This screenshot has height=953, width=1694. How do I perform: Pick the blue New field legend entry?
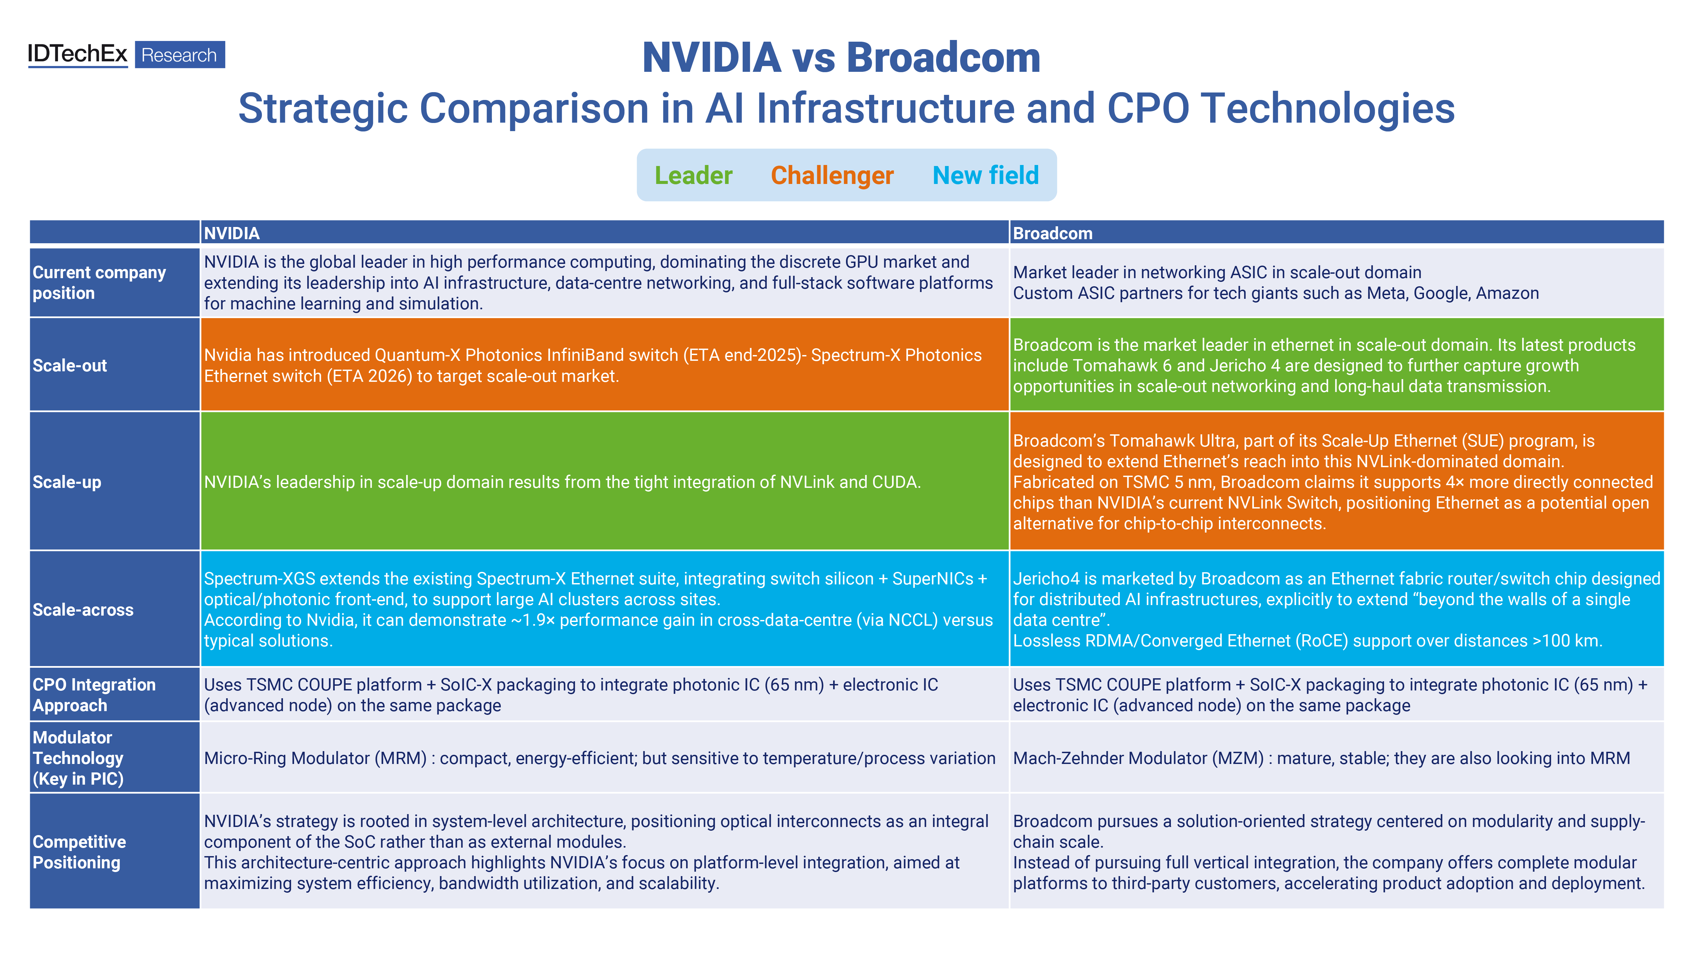click(x=985, y=175)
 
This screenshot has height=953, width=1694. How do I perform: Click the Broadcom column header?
click(x=1052, y=233)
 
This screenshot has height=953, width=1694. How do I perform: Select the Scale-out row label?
click(x=70, y=366)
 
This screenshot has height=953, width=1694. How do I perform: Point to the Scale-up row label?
click(x=67, y=482)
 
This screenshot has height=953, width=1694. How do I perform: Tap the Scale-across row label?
click(x=83, y=610)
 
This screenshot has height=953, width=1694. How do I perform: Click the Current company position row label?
click(x=99, y=283)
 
